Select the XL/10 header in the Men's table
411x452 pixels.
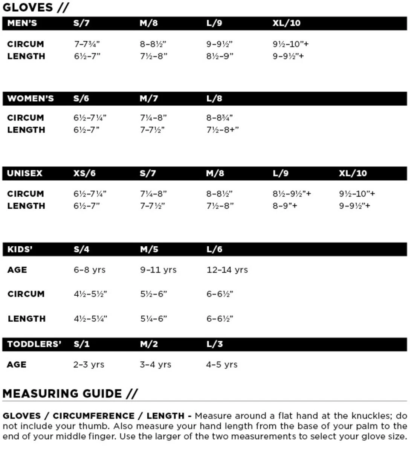pyautogui.click(x=286, y=23)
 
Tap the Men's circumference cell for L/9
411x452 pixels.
pyautogui.click(x=219, y=44)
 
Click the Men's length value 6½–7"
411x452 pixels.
pyautogui.click(x=87, y=56)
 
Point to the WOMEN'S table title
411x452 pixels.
pyautogui.click(x=31, y=98)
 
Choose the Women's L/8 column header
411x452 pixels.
pyautogui.click(x=214, y=98)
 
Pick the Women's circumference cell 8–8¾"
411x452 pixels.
pyautogui.click(x=219, y=118)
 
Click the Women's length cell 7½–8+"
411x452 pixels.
pyautogui.click(x=222, y=130)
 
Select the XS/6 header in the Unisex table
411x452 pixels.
pyautogui.click(x=84, y=173)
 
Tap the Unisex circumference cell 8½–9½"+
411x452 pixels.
pyautogui.click(x=292, y=194)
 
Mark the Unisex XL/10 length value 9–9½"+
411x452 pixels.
pyautogui.click(x=354, y=206)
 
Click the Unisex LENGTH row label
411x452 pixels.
pyautogui.click(x=26, y=206)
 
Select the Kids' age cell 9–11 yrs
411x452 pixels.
pyautogui.click(x=158, y=270)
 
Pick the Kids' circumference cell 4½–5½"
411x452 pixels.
pyautogui.click(x=90, y=294)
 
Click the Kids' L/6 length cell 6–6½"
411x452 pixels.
pyautogui.click(x=220, y=319)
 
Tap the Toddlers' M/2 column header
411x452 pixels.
pyautogui.click(x=149, y=344)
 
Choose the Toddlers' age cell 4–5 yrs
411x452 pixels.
pyautogui.click(x=222, y=365)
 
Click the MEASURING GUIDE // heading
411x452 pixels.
pyautogui.click(x=70, y=394)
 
